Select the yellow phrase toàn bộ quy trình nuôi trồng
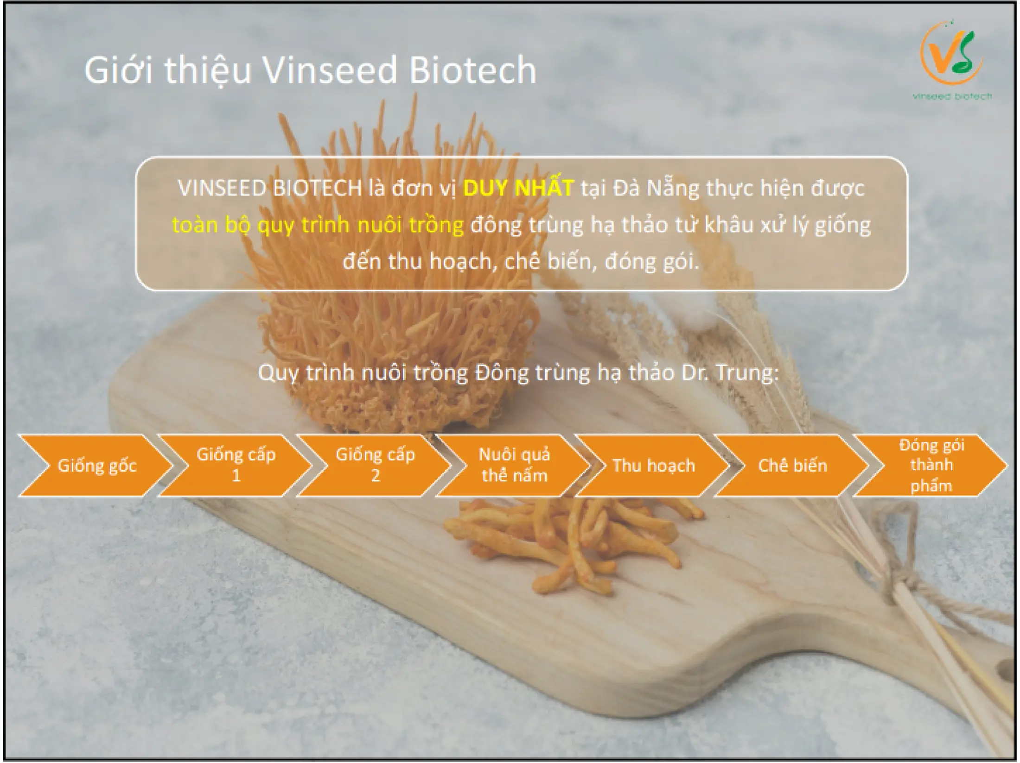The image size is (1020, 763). (x=318, y=226)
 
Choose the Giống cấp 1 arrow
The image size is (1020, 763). (x=236, y=465)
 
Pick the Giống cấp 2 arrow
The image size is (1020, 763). (x=375, y=465)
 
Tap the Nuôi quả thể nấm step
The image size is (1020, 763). (x=514, y=465)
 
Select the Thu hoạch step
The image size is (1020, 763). (x=653, y=465)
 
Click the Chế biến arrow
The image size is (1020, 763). (x=792, y=465)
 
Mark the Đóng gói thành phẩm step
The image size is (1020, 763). (x=931, y=465)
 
